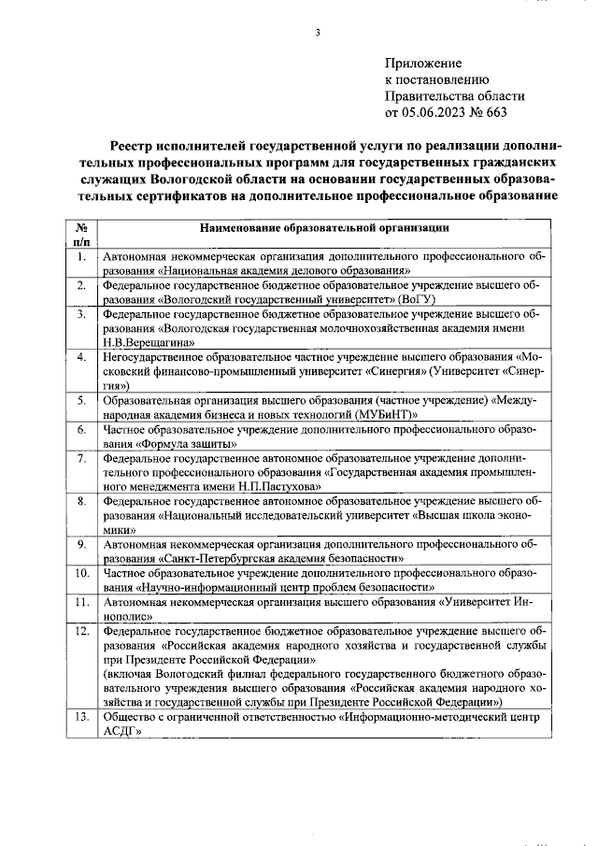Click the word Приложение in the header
tap(423, 63)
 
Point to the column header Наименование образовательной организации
tap(324, 227)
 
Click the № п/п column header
tap(82, 234)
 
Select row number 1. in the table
tap(82, 255)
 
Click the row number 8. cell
tap(82, 501)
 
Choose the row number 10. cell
tap(82, 572)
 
